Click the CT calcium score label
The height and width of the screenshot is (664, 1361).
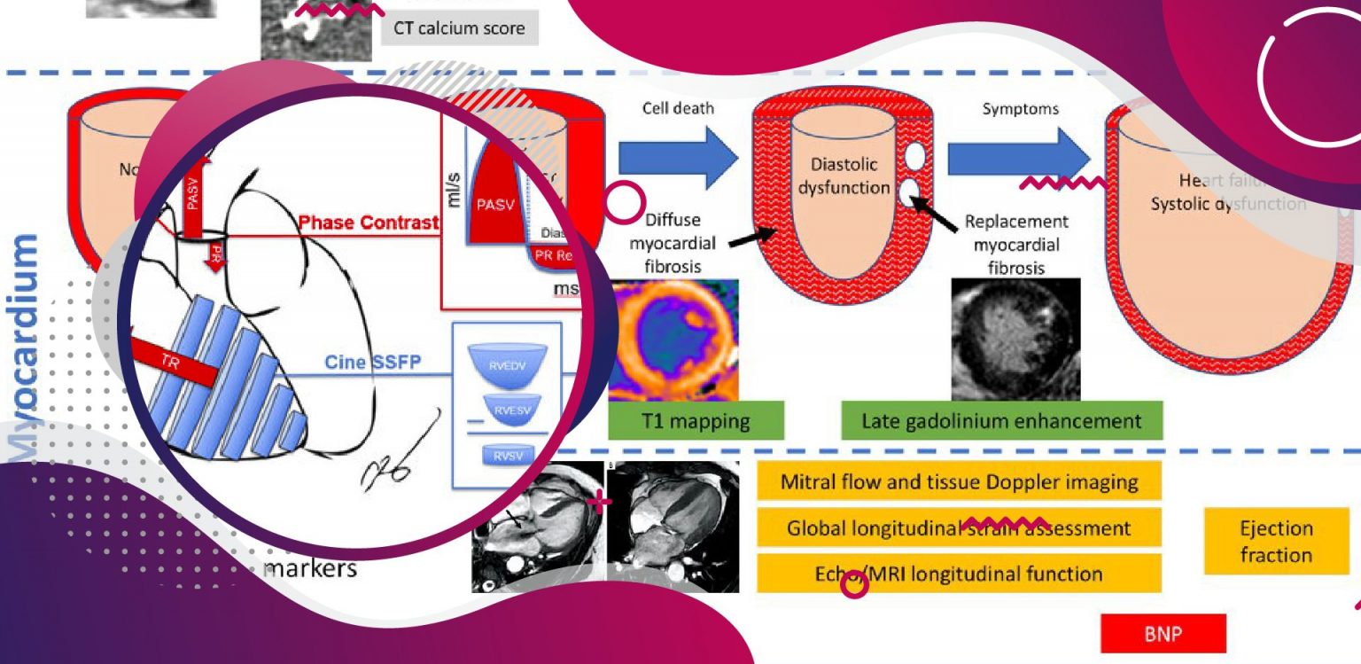(x=459, y=28)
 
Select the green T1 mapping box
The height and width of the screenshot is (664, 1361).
(x=696, y=420)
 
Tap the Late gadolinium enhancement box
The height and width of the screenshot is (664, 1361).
(x=1001, y=420)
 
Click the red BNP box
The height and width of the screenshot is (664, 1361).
(x=1163, y=634)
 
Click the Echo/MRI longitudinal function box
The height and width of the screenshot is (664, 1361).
(x=959, y=574)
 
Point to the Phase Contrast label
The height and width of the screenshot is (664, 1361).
(x=369, y=222)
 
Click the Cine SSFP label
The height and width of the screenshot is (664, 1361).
(x=386, y=362)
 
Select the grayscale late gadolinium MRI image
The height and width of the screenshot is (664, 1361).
(x=1015, y=339)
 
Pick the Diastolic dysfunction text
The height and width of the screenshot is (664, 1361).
(x=843, y=176)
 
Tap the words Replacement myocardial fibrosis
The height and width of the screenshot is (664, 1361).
(x=1015, y=244)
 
